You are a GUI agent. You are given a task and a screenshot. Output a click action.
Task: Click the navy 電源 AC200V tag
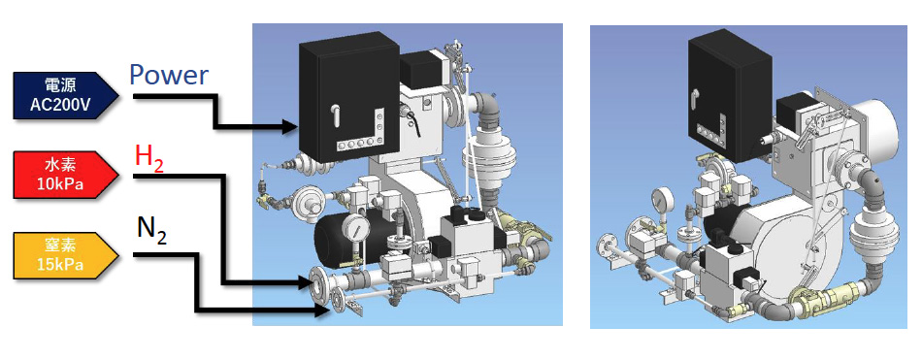(x=65, y=95)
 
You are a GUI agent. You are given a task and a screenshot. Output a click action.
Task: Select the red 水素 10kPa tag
(x=65, y=175)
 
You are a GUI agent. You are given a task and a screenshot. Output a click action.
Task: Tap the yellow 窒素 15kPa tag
(x=65, y=254)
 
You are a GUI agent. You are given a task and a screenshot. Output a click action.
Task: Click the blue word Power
(x=169, y=76)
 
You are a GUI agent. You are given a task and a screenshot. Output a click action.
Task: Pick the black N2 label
(x=151, y=231)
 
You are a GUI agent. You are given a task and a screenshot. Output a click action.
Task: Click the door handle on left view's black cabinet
(x=337, y=115)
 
